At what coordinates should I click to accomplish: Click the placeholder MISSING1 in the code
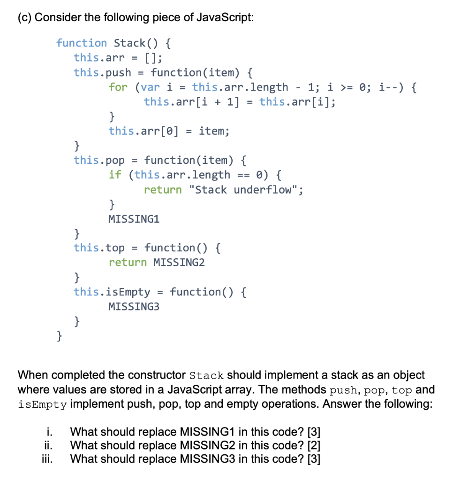[134, 219]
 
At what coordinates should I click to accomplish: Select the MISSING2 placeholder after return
[179, 263]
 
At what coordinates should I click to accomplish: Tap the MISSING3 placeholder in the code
[134, 307]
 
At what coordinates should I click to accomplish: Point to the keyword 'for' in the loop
[118, 87]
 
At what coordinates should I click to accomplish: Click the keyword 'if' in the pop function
[115, 175]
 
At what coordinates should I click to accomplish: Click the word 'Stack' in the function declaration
[129, 43]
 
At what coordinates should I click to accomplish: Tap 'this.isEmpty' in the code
[112, 292]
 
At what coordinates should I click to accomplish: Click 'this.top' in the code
[99, 248]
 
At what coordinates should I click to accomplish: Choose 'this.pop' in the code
[99, 160]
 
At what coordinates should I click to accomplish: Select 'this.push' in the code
[102, 72]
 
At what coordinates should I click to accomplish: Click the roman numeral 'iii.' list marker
[47, 459]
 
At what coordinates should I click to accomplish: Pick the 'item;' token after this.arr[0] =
[214, 131]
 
